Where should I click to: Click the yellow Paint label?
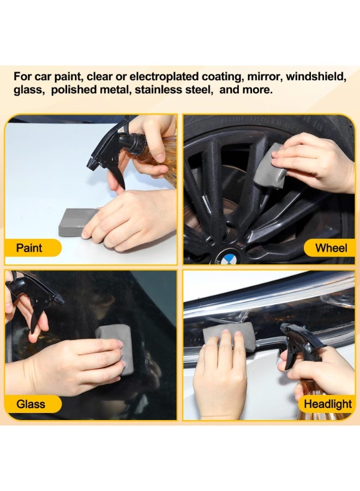(x=31, y=248)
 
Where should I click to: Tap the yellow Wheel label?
(x=330, y=248)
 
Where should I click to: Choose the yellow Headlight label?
(x=327, y=404)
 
